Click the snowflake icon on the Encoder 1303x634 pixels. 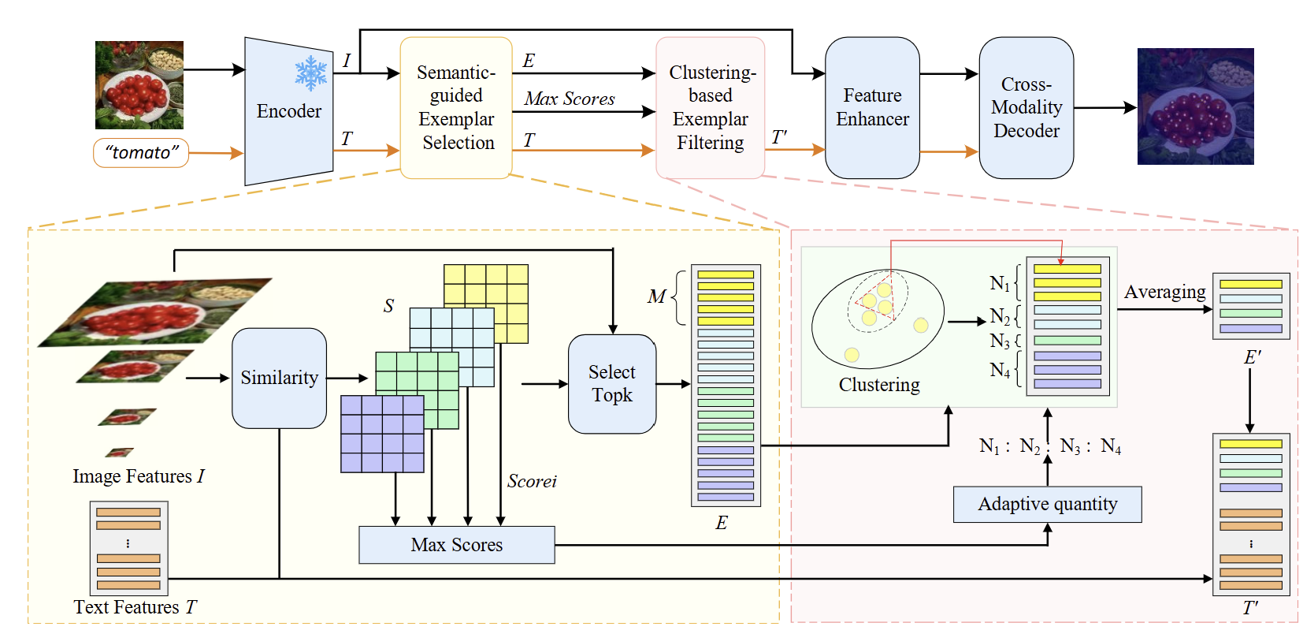point(310,73)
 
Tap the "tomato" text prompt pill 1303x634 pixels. point(141,152)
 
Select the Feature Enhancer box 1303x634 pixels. point(872,107)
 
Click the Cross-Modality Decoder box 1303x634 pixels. point(1026,107)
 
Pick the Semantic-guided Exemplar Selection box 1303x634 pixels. point(456,107)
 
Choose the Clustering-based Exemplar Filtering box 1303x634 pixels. point(710,107)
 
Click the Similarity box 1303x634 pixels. point(279,378)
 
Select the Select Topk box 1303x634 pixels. point(611,383)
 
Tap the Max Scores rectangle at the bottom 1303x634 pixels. point(456,545)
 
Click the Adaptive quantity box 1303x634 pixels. point(1047,504)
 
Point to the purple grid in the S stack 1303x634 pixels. point(382,434)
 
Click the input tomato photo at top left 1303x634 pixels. point(139,85)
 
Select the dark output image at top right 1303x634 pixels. point(1195,106)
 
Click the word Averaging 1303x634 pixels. point(1164,292)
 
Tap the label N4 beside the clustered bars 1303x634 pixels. point(1000,370)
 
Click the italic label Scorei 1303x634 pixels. point(532,481)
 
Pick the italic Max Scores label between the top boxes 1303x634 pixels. point(570,99)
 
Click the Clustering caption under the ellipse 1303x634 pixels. point(879,385)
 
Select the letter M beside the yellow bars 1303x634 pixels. point(656,296)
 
